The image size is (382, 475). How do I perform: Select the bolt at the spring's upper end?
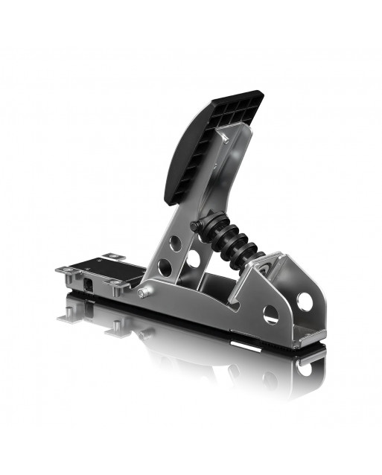click(x=194, y=226)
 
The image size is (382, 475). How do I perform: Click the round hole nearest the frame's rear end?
click(x=305, y=302)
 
